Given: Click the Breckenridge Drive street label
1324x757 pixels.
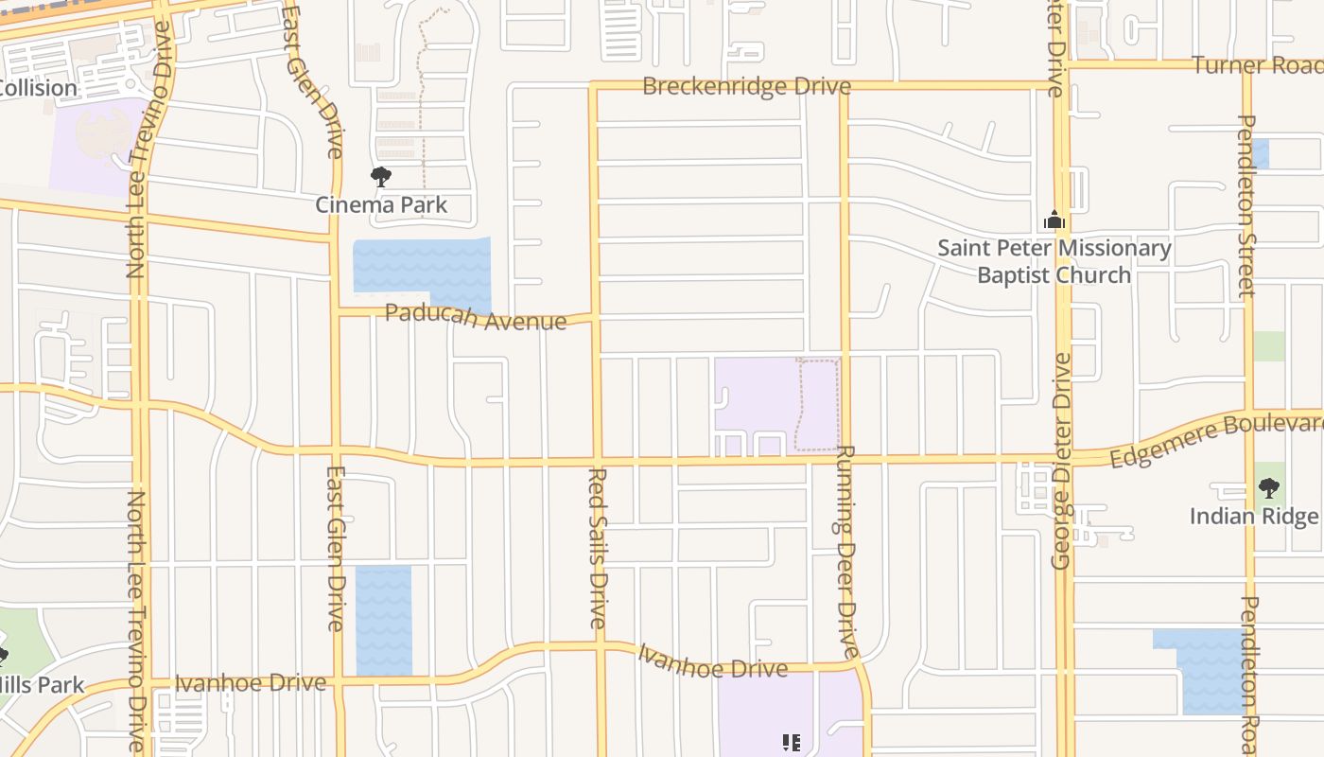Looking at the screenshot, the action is pyautogui.click(x=746, y=86).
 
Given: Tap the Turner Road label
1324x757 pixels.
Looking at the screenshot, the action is pyautogui.click(x=1256, y=65).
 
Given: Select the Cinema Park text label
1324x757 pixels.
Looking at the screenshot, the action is pyautogui.click(x=381, y=204).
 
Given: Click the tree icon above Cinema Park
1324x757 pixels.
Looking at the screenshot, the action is pyautogui.click(x=381, y=176).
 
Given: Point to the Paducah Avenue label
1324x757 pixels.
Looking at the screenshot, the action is pyautogui.click(x=476, y=317).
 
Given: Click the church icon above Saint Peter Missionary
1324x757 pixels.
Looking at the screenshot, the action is pyautogui.click(x=1054, y=220).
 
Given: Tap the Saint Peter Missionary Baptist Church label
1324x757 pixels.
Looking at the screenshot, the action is pyautogui.click(x=1054, y=261).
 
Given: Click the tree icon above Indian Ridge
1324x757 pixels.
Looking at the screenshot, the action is pyautogui.click(x=1269, y=488).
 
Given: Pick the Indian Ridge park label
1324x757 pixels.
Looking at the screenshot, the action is pyautogui.click(x=1254, y=516).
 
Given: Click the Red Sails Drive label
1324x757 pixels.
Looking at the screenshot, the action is pyautogui.click(x=598, y=547).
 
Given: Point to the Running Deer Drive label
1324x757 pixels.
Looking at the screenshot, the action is pyautogui.click(x=846, y=552).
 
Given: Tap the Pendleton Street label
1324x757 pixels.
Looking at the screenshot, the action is pyautogui.click(x=1246, y=205).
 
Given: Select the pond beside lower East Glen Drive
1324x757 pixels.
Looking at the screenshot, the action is pyautogui.click(x=384, y=620).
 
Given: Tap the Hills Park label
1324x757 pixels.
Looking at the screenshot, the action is pyautogui.click(x=43, y=684).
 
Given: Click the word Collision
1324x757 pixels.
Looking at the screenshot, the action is pyautogui.click(x=38, y=88).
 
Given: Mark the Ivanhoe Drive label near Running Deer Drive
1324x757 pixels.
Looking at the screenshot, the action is pyautogui.click(x=712, y=662).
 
